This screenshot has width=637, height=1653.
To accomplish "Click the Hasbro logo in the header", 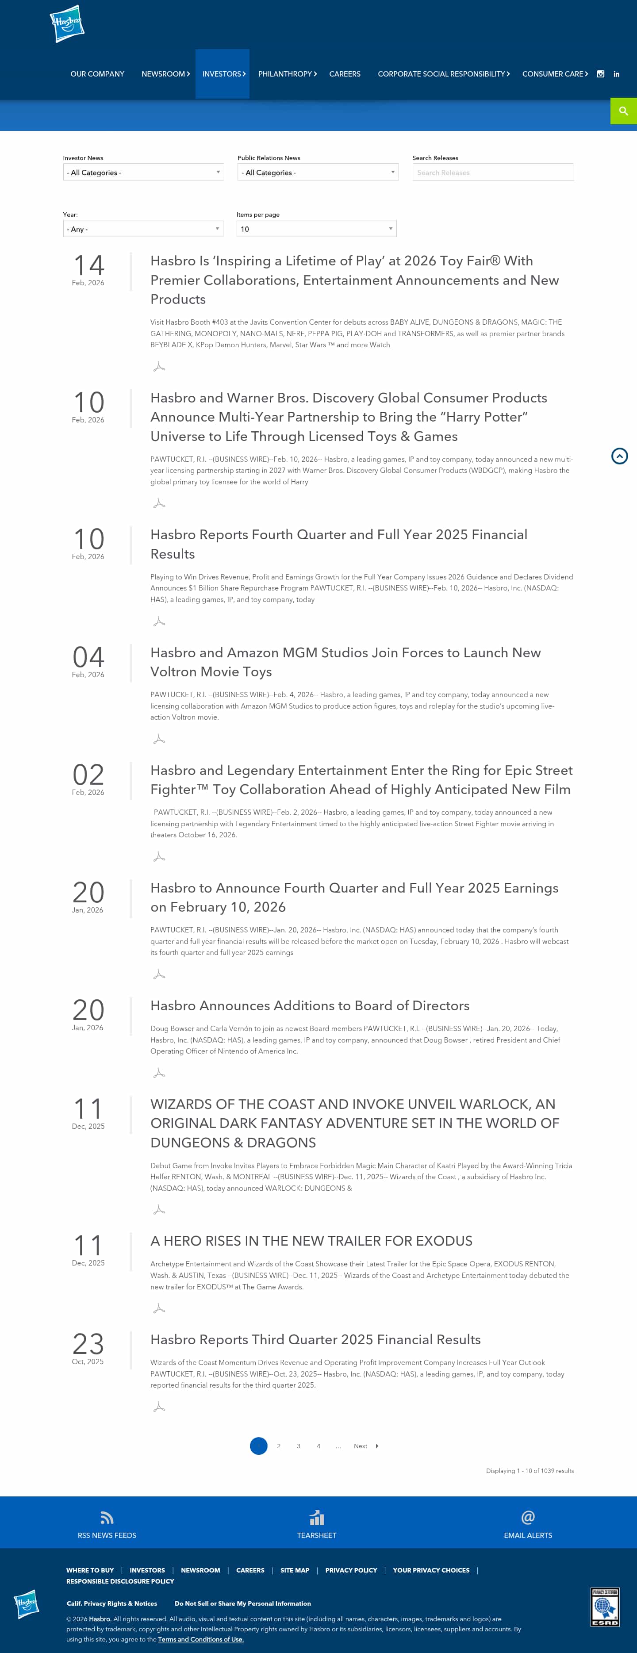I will click(67, 24).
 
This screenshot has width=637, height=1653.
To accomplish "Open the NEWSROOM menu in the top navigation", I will click(165, 74).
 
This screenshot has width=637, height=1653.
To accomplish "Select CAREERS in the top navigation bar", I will click(345, 74).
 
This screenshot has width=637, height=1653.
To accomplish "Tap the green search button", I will click(623, 111).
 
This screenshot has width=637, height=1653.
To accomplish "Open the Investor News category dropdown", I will click(143, 172).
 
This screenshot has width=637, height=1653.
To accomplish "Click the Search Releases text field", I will click(493, 172).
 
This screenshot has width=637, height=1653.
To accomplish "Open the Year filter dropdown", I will click(143, 228).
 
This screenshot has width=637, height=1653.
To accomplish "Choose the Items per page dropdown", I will click(316, 228).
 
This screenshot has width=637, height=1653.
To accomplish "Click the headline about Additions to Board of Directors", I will click(310, 1005).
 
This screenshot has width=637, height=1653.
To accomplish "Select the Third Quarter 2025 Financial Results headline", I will click(315, 1339).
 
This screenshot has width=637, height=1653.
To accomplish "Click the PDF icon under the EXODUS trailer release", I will click(159, 1308).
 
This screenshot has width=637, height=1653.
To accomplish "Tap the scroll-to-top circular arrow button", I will click(619, 456).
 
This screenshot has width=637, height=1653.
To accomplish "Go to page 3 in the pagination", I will click(298, 1446).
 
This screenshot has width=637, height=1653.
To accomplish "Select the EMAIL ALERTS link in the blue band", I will click(527, 1534).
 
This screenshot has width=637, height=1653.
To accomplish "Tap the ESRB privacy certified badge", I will click(604, 1607).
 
